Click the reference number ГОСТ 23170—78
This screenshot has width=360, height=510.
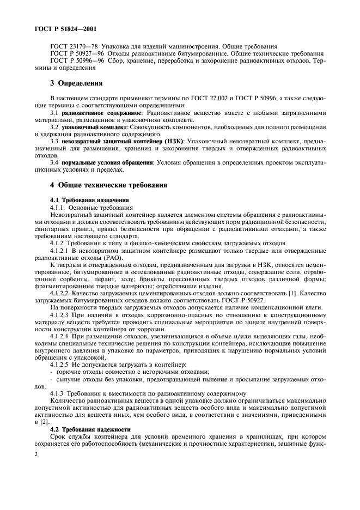click(72, 46)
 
